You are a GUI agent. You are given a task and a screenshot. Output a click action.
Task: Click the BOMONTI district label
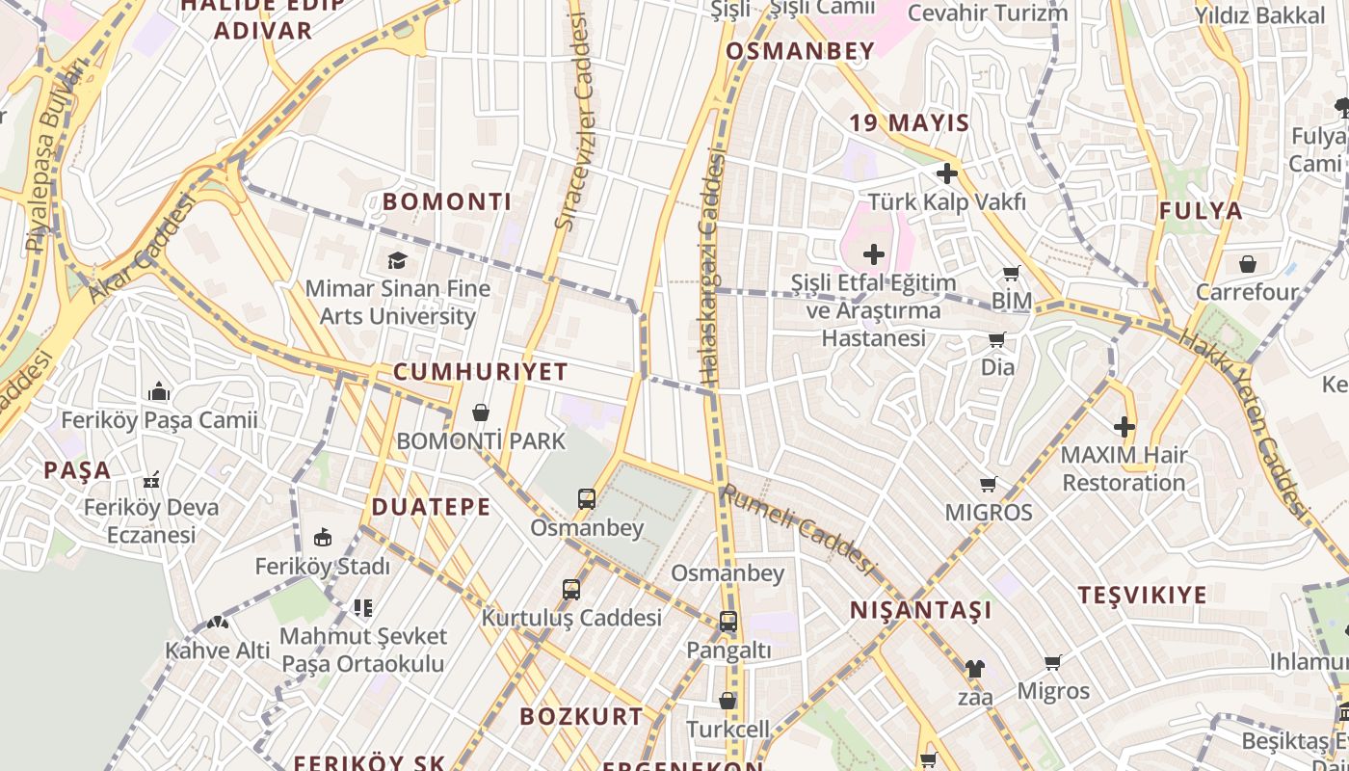pos(447,201)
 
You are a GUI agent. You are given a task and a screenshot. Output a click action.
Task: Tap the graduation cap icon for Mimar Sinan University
pos(397,260)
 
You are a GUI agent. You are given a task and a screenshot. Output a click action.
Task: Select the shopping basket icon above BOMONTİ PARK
pos(481,413)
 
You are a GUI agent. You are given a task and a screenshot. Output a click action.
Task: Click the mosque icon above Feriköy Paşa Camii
pos(159,391)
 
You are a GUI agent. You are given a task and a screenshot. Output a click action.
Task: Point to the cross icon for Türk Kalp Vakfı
pos(947,173)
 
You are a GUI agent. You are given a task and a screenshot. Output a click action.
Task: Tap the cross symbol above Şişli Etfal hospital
pos(874,254)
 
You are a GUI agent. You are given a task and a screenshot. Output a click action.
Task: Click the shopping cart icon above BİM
pos(1012,274)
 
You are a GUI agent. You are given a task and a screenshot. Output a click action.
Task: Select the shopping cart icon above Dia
pos(997,339)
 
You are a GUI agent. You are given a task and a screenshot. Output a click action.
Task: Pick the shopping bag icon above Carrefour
pos(1248,263)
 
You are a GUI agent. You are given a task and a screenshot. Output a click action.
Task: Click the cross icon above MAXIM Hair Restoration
pos(1124,426)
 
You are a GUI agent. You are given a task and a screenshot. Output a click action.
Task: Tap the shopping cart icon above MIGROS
pos(988,484)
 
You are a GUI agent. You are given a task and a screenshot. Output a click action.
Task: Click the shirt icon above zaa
pos(974,668)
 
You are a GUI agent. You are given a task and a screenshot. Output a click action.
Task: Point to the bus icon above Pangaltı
pos(728,622)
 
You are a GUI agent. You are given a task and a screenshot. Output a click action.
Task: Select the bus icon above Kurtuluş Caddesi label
pos(571,589)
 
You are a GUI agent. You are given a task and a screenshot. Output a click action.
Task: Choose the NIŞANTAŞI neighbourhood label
pos(920,610)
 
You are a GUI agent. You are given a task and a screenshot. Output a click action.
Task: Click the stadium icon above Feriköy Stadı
pos(323,538)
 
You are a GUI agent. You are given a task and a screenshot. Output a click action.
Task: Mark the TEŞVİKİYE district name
pos(1142,595)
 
